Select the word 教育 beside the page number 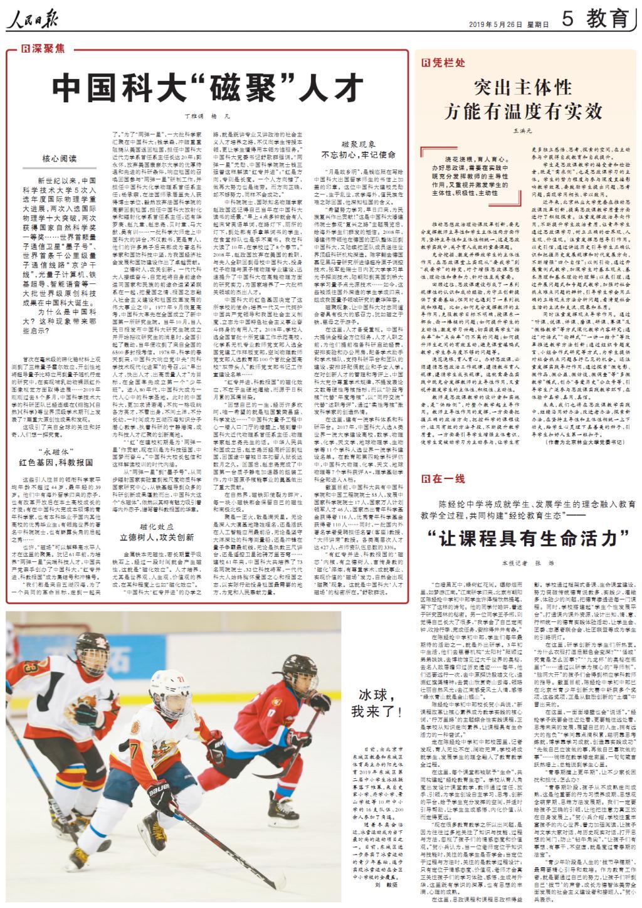pyautogui.click(x=606, y=20)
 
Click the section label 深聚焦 pyautogui.click(x=43, y=48)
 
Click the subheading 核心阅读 pyautogui.click(x=60, y=159)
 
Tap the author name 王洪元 pyautogui.click(x=522, y=130)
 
